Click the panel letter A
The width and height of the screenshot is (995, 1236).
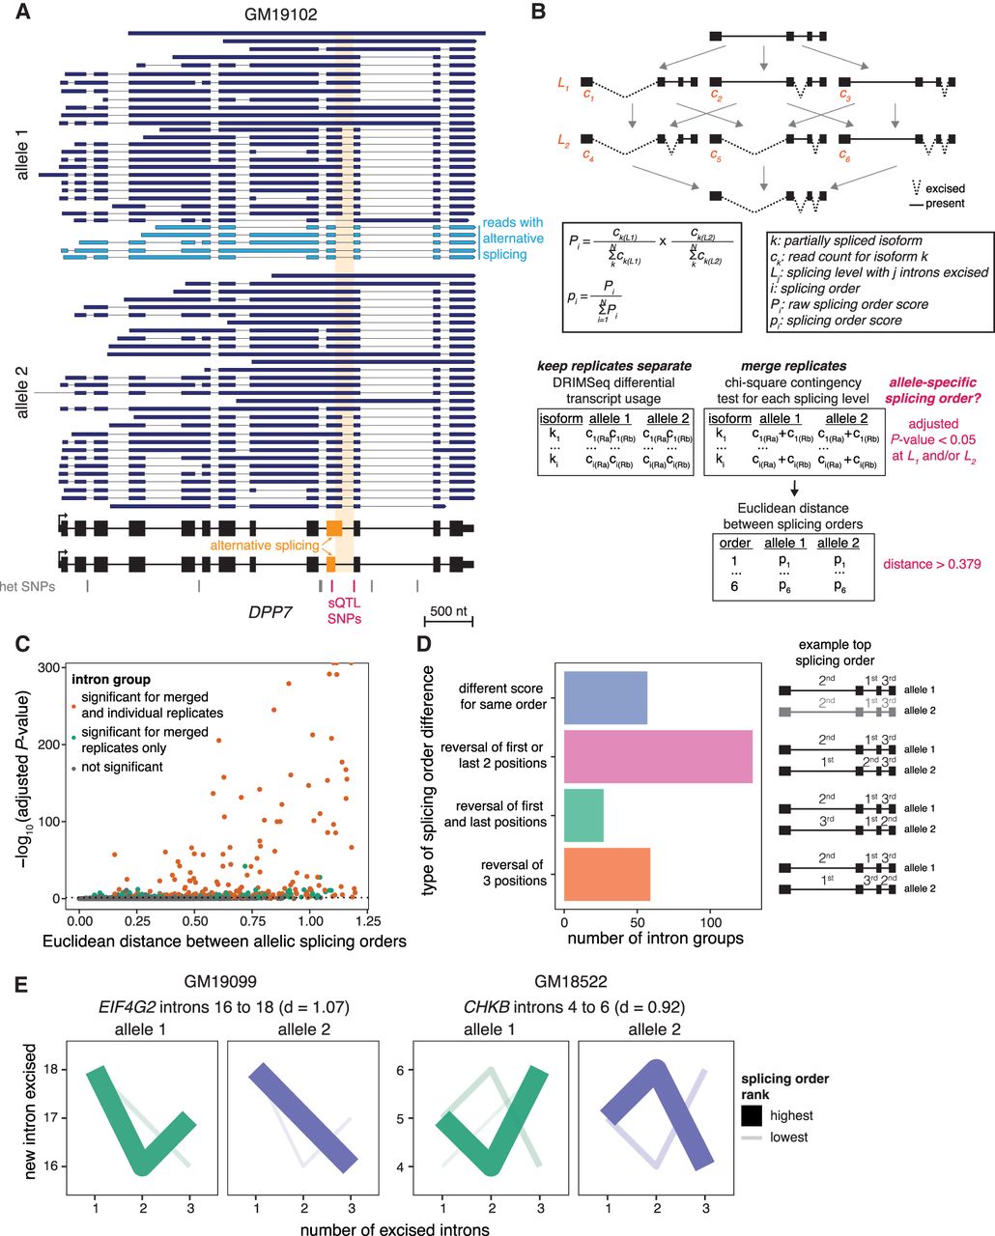pyautogui.click(x=22, y=13)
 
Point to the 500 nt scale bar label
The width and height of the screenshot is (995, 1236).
pyautogui.click(x=448, y=610)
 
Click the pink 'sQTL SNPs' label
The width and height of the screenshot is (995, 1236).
pyautogui.click(x=345, y=610)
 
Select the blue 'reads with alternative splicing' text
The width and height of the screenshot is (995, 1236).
pyautogui.click(x=513, y=239)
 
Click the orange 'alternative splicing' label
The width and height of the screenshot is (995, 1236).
pyautogui.click(x=265, y=546)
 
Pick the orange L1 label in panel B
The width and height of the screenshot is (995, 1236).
pyautogui.click(x=563, y=84)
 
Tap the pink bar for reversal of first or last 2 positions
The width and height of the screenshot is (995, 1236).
pyautogui.click(x=657, y=756)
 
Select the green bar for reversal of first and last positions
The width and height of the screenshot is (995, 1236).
pyautogui.click(x=583, y=814)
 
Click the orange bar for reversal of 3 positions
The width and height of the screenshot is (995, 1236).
pyautogui.click(x=607, y=873)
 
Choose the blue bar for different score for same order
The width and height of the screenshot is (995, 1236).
pyautogui.click(x=606, y=697)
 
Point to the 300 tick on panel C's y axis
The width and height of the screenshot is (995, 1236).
pyautogui.click(x=55, y=668)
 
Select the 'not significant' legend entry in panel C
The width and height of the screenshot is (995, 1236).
pyautogui.click(x=123, y=767)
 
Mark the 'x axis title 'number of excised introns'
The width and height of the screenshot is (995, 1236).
pyautogui.click(x=394, y=1229)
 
